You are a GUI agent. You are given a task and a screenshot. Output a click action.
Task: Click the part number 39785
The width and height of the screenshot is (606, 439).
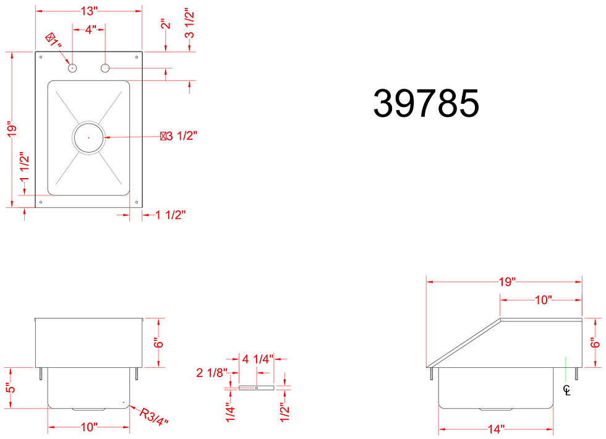[426, 103]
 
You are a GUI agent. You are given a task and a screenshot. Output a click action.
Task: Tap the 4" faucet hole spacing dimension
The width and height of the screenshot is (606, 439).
[90, 29]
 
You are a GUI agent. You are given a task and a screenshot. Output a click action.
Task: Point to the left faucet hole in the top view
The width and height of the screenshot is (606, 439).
[72, 67]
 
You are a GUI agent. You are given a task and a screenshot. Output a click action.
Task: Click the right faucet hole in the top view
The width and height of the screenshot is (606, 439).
[106, 67]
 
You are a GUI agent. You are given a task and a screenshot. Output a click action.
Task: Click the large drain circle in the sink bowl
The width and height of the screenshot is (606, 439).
[89, 136]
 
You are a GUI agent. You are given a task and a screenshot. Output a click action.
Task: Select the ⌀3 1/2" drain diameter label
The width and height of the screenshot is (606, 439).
[179, 136]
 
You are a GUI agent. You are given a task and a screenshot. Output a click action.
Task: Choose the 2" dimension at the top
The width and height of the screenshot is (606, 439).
[164, 25]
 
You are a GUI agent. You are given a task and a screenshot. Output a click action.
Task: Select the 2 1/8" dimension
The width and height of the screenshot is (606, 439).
[212, 372]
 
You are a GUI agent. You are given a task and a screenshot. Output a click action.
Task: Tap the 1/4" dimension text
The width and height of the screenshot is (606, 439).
[230, 413]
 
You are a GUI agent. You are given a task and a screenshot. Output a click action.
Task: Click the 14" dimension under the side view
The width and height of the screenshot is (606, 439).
[495, 428]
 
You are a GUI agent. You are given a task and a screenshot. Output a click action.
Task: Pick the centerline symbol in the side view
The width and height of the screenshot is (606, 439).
[566, 390]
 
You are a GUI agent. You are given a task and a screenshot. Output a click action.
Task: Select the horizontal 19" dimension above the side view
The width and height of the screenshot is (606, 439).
[505, 282]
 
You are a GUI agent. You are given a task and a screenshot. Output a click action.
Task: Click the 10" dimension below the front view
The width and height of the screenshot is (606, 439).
[89, 427]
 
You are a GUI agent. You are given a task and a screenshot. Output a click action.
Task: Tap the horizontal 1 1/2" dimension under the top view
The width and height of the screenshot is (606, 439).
[171, 215]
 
